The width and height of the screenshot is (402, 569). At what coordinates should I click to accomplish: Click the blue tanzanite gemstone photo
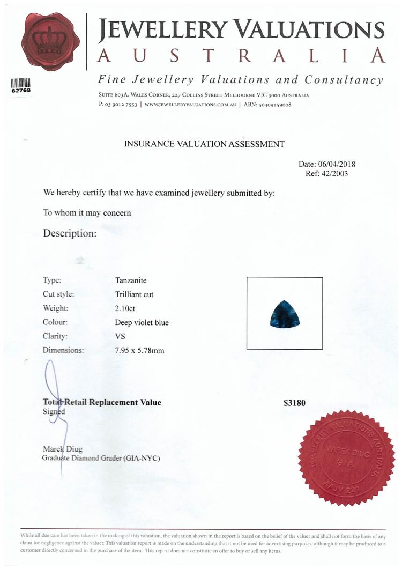[x=285, y=314]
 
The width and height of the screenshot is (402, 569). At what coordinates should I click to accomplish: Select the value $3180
[x=294, y=403]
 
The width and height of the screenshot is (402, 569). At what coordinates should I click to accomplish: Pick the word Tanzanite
[x=131, y=280]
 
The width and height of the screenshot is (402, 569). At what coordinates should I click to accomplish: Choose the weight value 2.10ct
[x=125, y=308]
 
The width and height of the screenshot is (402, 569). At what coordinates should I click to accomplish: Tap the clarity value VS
[x=120, y=336]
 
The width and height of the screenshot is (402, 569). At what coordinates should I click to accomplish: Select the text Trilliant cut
[x=134, y=294]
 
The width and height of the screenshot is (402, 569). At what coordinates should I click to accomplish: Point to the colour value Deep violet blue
[x=142, y=322]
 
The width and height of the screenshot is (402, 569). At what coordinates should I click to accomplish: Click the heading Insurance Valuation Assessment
[x=204, y=144]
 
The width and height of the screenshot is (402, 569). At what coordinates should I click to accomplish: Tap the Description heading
[x=70, y=233]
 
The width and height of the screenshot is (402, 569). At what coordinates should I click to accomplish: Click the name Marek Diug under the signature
[x=62, y=448]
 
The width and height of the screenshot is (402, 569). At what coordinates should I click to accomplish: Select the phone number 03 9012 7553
[x=122, y=105]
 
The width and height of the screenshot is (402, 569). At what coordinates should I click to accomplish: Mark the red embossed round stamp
[x=346, y=459]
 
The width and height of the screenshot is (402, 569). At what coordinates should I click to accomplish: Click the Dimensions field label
[x=63, y=350]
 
